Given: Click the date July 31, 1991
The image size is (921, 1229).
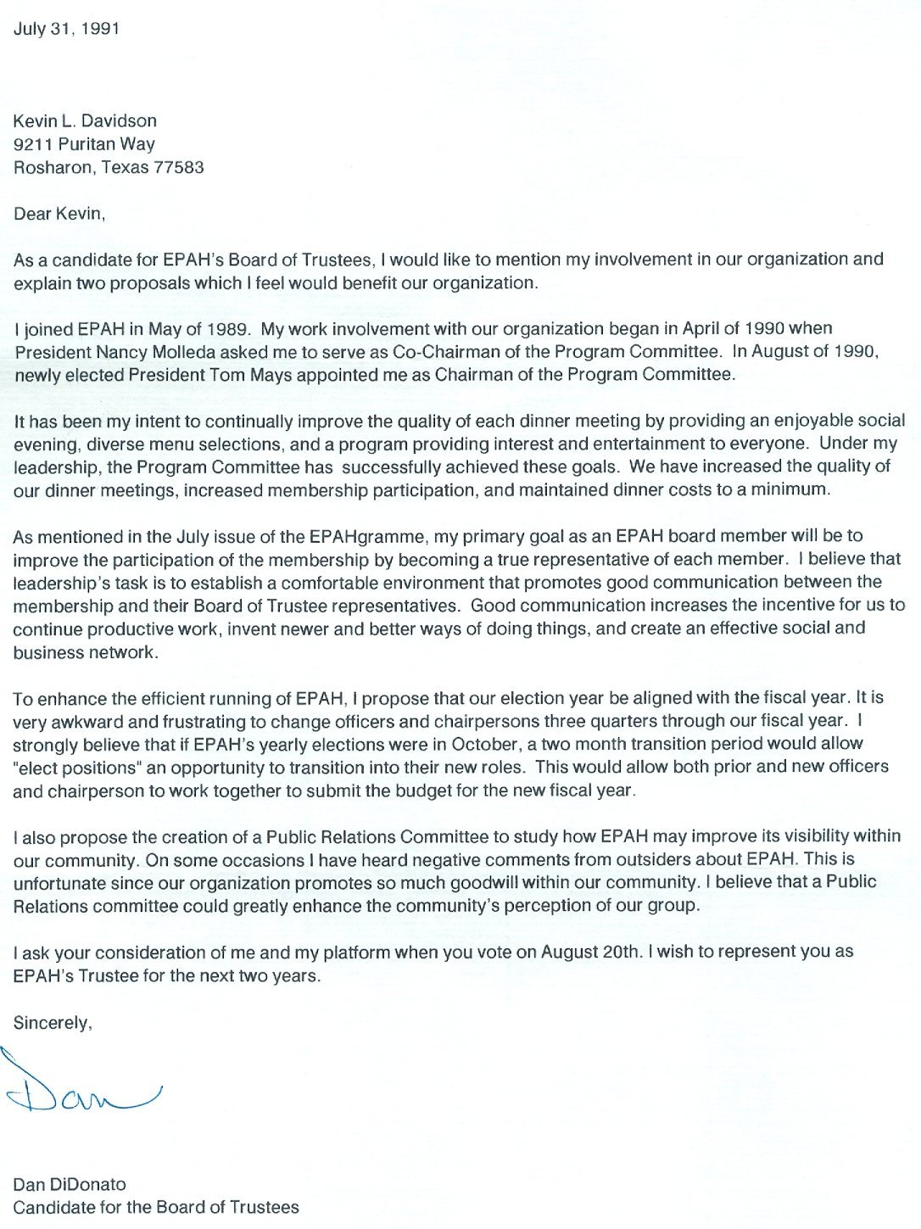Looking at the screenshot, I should (x=66, y=29).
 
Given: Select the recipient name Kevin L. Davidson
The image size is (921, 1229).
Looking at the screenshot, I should (x=85, y=121).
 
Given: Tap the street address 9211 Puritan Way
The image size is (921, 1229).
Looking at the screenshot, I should (x=84, y=144).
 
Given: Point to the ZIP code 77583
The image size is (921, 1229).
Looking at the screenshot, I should (x=178, y=167).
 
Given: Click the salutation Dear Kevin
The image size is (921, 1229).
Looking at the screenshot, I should (x=59, y=214).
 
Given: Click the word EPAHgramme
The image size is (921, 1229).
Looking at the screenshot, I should (x=366, y=536).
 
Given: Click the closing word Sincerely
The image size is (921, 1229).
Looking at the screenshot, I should (x=52, y=1023).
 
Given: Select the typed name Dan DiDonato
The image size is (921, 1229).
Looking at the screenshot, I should (x=70, y=1184).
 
